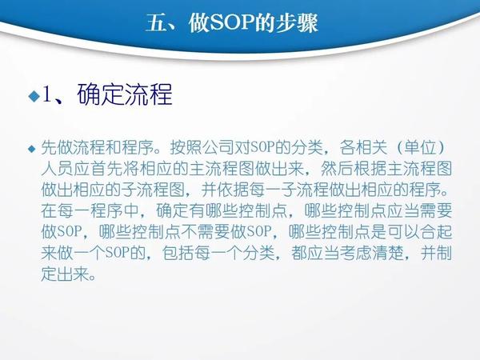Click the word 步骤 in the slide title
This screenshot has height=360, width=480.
click(297, 23)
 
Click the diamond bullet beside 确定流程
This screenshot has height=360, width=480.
click(34, 96)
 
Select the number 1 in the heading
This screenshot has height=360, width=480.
click(46, 94)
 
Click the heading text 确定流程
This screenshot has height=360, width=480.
click(125, 94)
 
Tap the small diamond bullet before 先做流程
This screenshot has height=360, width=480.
click(32, 149)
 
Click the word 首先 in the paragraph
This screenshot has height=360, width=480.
click(106, 169)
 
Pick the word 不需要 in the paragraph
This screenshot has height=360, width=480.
click(206, 232)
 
